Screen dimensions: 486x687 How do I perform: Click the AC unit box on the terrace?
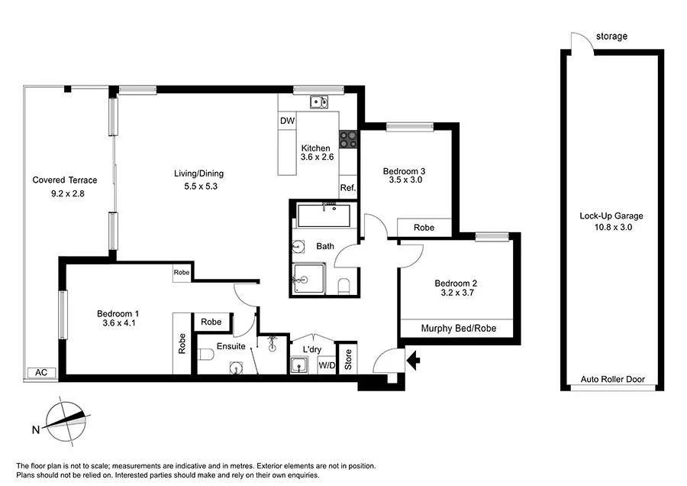coord(41,373)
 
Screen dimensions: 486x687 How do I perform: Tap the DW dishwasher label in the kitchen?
coord(287,122)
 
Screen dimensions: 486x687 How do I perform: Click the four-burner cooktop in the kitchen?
coord(349,139)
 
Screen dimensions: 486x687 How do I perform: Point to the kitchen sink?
coord(321,102)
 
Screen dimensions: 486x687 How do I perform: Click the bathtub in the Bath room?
coord(325,215)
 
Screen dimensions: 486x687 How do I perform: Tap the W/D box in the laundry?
coord(326,365)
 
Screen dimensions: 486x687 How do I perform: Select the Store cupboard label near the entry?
coord(347,360)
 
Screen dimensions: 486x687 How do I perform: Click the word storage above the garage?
coord(612,36)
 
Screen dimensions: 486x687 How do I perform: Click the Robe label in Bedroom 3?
coord(424,228)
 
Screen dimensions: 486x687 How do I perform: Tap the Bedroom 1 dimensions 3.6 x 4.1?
coord(118,323)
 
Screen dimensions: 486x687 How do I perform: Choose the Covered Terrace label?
coord(65,180)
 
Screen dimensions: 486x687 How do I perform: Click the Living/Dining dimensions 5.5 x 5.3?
coord(198,186)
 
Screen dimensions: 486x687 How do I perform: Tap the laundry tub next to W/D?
coord(299,364)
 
